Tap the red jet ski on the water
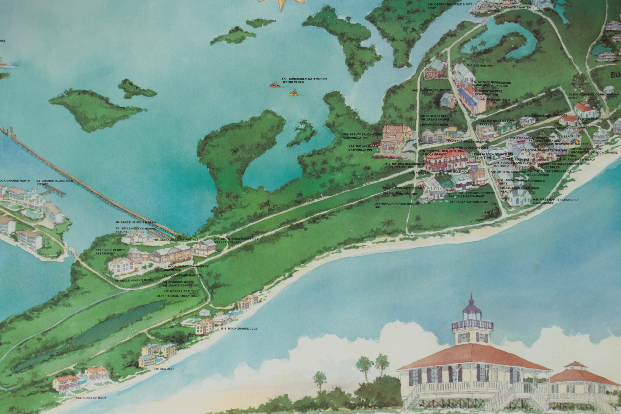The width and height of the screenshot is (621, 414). click(x=274, y=85)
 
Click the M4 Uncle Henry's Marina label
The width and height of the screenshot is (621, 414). click(x=136, y=222)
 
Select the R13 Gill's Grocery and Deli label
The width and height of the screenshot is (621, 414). click(x=236, y=241)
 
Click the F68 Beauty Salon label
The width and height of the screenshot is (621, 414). click(x=363, y=136)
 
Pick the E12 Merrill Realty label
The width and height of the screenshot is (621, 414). click(x=178, y=291)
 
